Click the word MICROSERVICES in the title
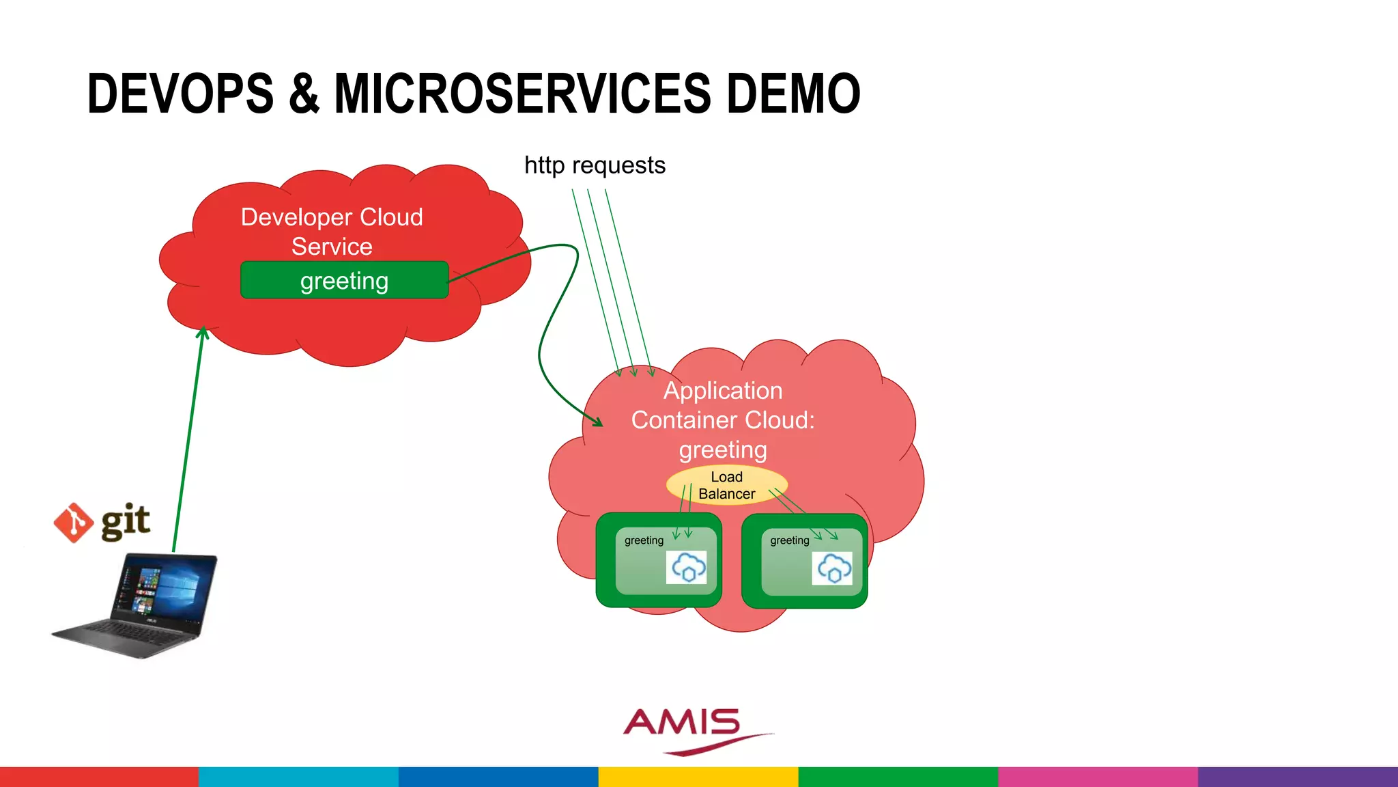[x=522, y=94]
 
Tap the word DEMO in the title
[x=793, y=94]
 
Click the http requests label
[x=595, y=165]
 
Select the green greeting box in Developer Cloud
[x=344, y=280]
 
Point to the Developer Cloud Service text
[x=332, y=231]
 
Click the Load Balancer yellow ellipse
[x=726, y=485]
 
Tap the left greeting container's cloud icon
[x=687, y=567]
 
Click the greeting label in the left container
[x=644, y=540]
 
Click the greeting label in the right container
[x=789, y=540]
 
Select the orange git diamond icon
[x=73, y=523]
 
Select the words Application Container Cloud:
[x=723, y=405]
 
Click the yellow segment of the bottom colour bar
[x=698, y=777]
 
